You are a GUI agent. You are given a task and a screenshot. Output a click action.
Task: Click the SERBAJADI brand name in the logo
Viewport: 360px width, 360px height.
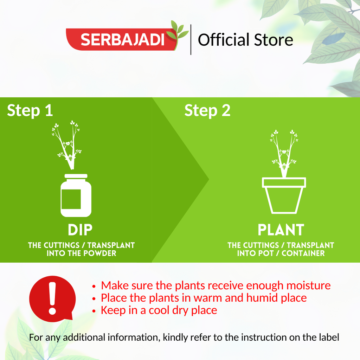pos(123,39)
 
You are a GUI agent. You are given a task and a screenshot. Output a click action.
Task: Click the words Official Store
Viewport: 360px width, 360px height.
pos(245,40)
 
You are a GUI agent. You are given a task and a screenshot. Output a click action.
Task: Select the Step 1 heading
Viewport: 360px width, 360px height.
pos(30,111)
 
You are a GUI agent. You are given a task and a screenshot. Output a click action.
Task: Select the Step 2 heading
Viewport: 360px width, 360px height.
pos(207,111)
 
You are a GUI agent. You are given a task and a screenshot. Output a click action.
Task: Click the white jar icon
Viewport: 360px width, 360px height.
pos(76,195)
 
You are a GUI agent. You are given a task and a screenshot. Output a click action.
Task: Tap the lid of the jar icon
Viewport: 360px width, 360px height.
pos(76,176)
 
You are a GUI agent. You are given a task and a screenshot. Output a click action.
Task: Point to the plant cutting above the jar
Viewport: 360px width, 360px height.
pos(67,145)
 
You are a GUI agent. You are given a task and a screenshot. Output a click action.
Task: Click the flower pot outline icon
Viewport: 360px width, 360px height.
pos(284,195)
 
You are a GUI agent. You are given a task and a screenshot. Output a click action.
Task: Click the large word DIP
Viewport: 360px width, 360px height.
pos(80,230)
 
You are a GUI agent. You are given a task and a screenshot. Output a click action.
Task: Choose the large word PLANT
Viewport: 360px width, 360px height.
pos(281,230)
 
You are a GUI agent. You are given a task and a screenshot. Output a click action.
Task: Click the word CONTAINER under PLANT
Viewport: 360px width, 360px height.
pos(303,253)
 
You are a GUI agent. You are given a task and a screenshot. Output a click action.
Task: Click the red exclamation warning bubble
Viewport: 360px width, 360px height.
pos(52,298)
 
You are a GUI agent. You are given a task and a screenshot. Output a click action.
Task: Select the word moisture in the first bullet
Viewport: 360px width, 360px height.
pos(309,285)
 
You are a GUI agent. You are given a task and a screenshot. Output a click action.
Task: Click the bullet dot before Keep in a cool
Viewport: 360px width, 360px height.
pos(94,311)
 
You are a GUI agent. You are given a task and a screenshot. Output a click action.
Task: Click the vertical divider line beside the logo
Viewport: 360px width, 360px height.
pos(191,39)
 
